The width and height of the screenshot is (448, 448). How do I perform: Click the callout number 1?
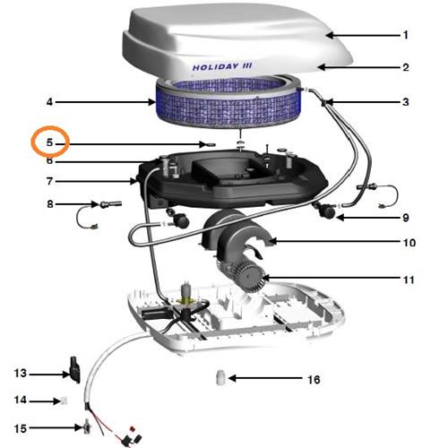click(x=405, y=35)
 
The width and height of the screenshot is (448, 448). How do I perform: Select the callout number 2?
click(x=405, y=67)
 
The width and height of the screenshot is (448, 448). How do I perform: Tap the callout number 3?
click(x=405, y=102)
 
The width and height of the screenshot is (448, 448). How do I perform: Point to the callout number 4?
click(x=49, y=102)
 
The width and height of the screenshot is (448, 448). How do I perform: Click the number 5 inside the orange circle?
click(x=49, y=142)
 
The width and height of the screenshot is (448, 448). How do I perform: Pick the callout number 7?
click(x=49, y=181)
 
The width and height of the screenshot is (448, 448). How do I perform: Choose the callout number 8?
click(x=50, y=204)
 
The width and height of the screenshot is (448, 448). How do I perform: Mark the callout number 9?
click(x=405, y=218)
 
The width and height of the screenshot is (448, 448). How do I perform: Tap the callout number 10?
click(x=409, y=243)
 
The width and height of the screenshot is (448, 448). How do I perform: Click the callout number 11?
click(x=409, y=280)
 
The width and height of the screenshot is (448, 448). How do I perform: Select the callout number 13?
click(x=21, y=373)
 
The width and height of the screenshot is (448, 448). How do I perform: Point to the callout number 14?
click(x=21, y=400)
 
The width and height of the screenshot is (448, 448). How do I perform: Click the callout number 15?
click(x=21, y=428)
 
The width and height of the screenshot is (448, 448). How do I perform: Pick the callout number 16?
click(x=314, y=380)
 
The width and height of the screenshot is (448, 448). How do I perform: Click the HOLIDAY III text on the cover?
click(x=222, y=66)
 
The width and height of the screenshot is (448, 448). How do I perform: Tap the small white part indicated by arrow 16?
click(x=220, y=377)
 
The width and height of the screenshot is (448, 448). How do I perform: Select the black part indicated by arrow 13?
click(x=74, y=370)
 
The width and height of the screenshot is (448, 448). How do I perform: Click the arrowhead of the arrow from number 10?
click(x=272, y=241)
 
